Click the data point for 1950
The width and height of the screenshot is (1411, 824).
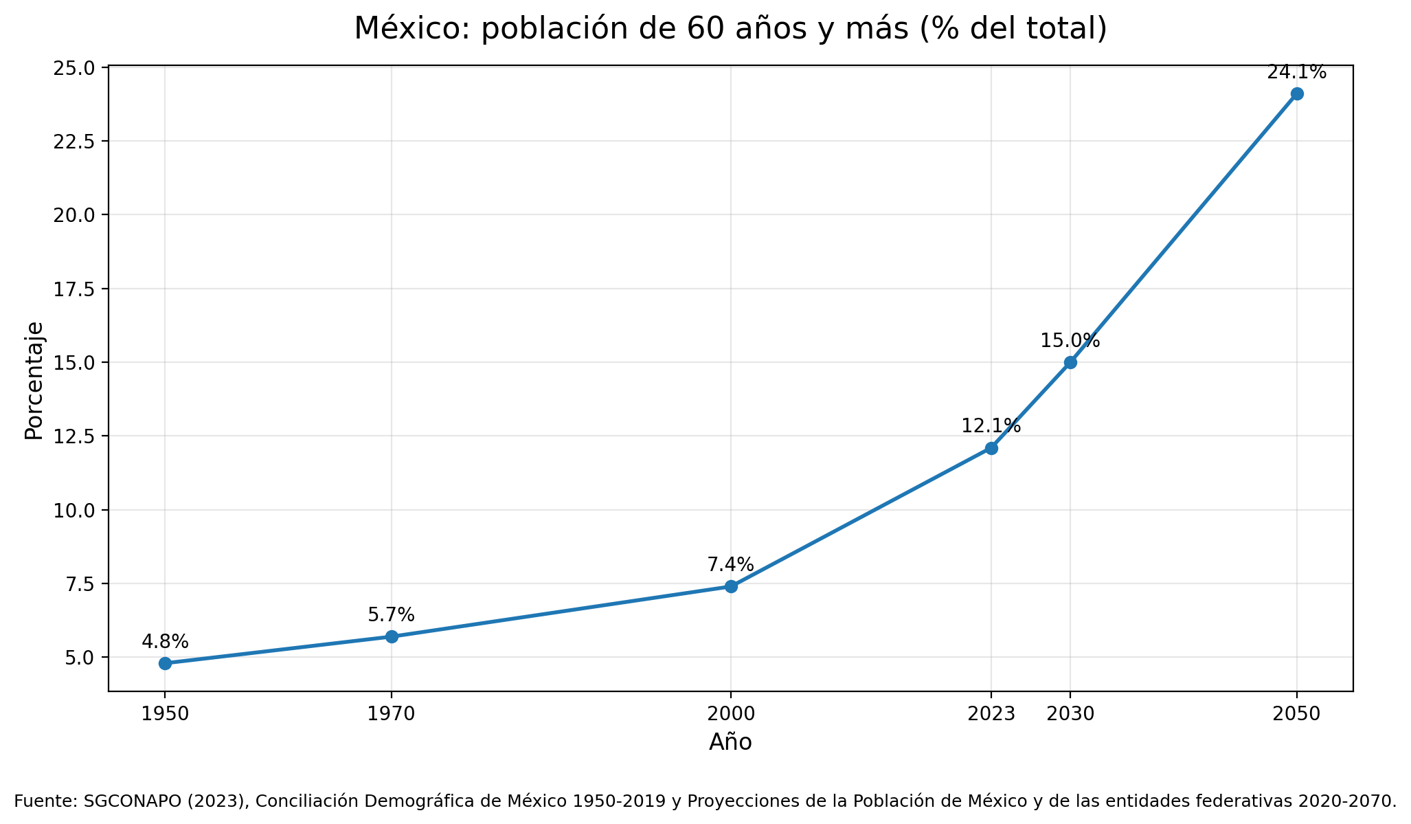(x=165, y=663)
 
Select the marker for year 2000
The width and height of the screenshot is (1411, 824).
(x=731, y=586)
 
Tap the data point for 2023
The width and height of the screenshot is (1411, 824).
(x=991, y=448)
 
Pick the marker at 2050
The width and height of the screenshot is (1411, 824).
(x=1297, y=93)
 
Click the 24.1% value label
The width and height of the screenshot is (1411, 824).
(x=1296, y=72)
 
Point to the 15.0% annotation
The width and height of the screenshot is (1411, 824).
(x=1070, y=341)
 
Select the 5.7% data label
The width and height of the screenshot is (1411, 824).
(x=391, y=615)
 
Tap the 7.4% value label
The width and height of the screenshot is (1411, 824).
(x=730, y=565)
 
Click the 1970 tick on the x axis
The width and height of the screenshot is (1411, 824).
(x=391, y=714)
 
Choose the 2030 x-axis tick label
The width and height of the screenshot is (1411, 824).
(x=1070, y=714)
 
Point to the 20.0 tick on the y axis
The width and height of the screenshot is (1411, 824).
(x=76, y=215)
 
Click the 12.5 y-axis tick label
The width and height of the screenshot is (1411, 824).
(x=76, y=436)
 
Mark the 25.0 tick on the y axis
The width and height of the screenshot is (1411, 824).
(x=76, y=68)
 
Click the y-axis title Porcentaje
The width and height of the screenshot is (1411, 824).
(x=34, y=380)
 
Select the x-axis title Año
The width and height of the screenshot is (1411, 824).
(x=730, y=742)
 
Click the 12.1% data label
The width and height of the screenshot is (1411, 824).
(x=991, y=426)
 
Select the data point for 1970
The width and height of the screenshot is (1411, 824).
(x=392, y=636)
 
